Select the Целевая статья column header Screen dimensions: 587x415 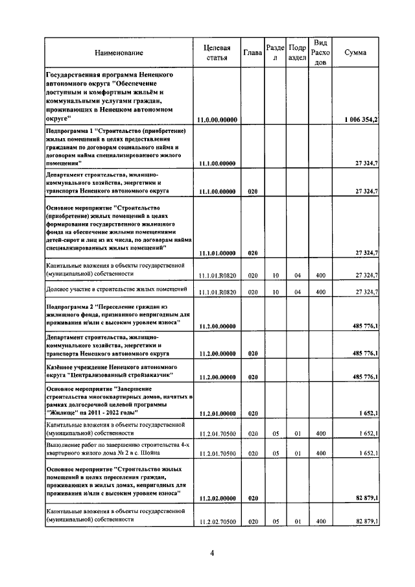pos(217,53)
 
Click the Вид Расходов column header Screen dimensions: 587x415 pos(320,52)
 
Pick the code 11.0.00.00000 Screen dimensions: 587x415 pos(217,120)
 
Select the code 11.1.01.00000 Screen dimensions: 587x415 pos(217,253)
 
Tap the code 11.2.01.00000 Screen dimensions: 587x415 pos(217,413)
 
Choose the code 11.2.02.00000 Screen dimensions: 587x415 pos(217,497)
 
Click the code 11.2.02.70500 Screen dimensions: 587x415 pos(217,521)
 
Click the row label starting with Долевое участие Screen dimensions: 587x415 pos(117,289)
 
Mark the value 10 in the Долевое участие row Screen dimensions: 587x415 pos(275,293)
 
